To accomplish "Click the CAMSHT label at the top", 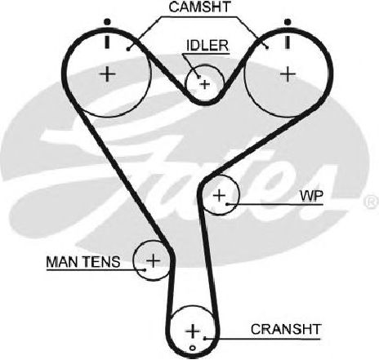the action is [199, 7].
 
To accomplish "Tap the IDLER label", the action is [207, 46].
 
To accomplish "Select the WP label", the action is [311, 196].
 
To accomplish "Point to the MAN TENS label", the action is [83, 262].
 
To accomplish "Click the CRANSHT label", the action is [286, 329].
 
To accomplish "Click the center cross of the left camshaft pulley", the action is [108, 74].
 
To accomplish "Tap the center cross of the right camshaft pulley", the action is [288, 74].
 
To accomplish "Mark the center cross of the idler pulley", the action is [205, 84].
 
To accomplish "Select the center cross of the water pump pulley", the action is [219, 195].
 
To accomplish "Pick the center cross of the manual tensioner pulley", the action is [154, 260].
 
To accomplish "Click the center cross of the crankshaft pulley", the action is [193, 331].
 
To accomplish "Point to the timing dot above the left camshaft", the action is [108, 21].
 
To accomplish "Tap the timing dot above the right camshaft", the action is [288, 22].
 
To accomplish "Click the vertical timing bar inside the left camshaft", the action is [108, 42].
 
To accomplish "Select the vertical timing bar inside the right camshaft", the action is [288, 42].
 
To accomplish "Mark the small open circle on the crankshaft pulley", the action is [193, 348].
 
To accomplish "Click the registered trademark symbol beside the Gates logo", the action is [371, 202].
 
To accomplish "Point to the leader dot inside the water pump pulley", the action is [227, 203].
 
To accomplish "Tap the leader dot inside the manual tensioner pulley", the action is [145, 269].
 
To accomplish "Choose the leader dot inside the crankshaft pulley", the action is [205, 338].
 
